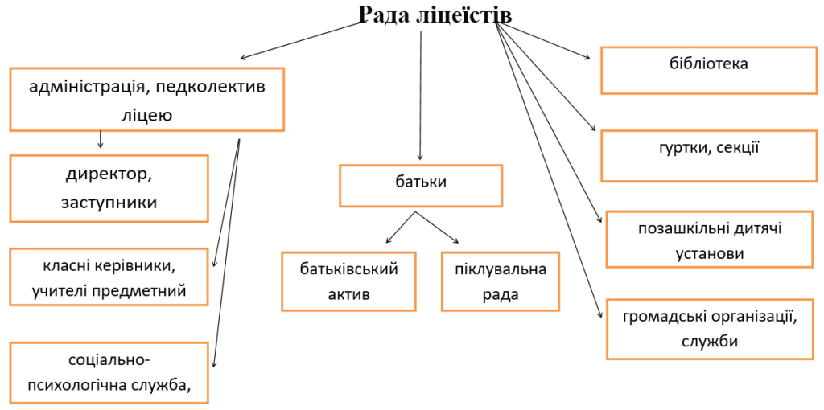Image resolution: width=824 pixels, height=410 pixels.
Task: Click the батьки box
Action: tap(421, 186)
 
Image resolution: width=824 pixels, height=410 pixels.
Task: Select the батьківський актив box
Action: tap(349, 281)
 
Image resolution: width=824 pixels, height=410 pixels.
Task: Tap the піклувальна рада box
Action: tap(501, 281)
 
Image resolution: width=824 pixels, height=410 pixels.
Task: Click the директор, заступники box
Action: tap(109, 188)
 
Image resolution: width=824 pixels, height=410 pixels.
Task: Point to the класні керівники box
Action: tap(109, 277)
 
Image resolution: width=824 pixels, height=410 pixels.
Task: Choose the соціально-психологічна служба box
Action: tap(109, 373)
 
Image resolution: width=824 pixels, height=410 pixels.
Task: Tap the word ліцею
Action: tap(147, 115)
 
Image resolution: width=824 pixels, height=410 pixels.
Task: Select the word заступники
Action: tap(109, 202)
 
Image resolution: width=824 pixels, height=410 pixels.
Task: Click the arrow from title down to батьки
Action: tap(420, 96)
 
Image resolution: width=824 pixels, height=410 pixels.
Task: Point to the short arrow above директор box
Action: tap(100, 139)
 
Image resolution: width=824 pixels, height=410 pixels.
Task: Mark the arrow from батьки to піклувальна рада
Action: tap(437, 228)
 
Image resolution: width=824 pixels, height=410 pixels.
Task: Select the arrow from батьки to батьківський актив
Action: tap(401, 228)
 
